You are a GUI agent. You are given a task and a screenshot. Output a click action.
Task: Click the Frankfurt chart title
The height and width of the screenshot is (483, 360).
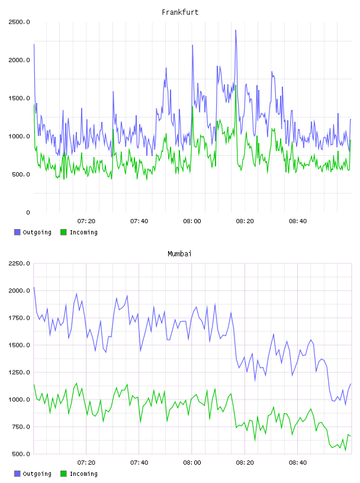(180, 12)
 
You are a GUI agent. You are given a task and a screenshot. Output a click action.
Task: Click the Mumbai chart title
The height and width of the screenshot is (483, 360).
(179, 254)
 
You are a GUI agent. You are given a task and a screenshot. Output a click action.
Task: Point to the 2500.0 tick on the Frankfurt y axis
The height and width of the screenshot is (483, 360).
(19, 22)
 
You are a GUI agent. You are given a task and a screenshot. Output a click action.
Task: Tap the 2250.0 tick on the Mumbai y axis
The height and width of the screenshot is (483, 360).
(19, 263)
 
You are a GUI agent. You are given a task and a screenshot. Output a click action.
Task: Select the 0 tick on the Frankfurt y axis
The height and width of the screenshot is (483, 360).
(28, 212)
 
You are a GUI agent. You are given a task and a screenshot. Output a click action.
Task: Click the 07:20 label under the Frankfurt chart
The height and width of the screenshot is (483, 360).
(86, 221)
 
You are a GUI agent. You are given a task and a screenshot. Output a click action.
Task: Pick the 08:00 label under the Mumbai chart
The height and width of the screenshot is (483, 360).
(192, 463)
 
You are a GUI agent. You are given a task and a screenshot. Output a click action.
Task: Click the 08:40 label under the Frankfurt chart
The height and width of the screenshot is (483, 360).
(297, 221)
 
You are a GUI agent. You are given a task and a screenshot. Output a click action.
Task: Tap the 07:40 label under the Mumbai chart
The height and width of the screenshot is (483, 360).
(139, 463)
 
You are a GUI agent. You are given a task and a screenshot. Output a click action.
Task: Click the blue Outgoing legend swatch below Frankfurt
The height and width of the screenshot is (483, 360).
(17, 232)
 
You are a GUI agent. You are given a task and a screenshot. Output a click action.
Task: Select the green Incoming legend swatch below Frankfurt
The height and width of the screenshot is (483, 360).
(63, 232)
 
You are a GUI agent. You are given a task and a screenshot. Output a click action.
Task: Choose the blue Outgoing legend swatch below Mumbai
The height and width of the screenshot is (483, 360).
(17, 474)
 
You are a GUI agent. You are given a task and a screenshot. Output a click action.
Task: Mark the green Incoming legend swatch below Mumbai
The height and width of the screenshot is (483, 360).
(63, 474)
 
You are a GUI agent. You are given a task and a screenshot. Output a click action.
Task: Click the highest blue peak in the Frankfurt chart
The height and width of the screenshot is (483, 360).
(236, 30)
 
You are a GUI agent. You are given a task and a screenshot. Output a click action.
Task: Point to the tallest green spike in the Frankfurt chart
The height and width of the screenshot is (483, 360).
(236, 85)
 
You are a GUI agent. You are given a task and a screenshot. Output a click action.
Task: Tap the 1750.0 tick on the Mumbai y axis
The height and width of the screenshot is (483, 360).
(19, 318)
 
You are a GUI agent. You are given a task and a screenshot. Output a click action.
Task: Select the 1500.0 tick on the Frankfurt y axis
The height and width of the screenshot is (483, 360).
(19, 98)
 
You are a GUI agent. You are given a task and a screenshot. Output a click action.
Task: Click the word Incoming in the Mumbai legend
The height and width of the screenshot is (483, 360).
(83, 474)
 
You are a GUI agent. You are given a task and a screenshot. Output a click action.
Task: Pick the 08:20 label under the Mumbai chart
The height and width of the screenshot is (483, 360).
(245, 463)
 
